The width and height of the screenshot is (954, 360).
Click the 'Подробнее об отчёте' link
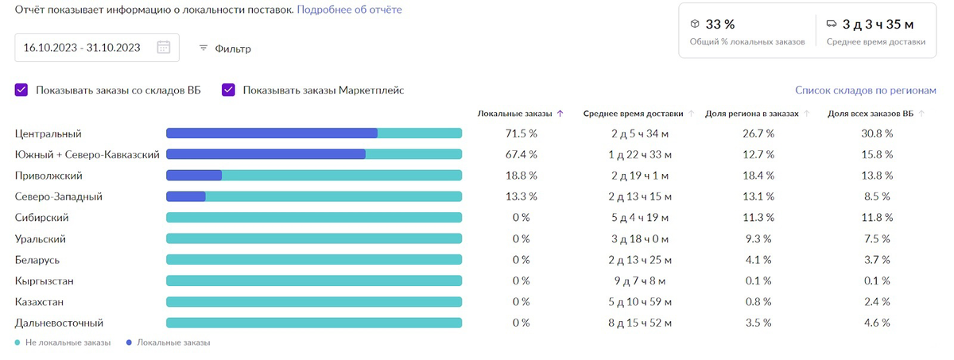349,10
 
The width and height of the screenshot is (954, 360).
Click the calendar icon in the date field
164,47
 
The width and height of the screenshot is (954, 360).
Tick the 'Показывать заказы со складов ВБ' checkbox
21,90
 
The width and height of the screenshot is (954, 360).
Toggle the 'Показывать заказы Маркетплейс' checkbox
229,90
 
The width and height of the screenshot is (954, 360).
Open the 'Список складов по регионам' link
866,91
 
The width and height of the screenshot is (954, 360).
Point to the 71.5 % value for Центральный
522,134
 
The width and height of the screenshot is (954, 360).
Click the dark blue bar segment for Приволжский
193,176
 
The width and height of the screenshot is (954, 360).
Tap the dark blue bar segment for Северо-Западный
185,196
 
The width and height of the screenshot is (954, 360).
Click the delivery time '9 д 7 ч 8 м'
641,281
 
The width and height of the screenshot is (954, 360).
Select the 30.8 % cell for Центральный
877,134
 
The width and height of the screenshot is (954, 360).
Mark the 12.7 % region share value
758,154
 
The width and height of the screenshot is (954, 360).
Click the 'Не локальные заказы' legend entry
59,343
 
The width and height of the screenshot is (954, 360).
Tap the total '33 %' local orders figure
720,25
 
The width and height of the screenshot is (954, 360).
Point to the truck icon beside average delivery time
832,24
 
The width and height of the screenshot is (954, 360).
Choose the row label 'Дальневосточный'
59,323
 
